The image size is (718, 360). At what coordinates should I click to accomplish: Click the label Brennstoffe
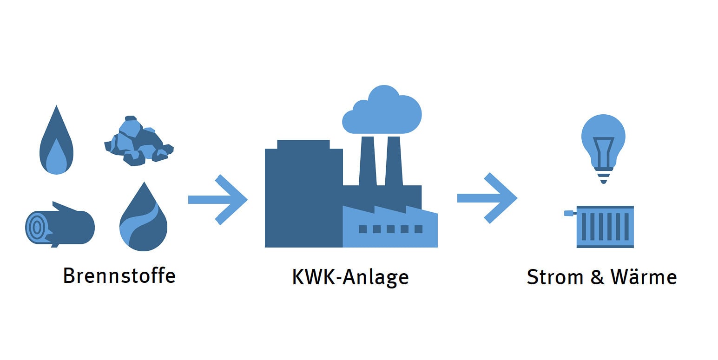[119, 275]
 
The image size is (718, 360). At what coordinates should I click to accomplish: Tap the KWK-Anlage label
[350, 277]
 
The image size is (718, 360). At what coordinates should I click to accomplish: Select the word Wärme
[644, 277]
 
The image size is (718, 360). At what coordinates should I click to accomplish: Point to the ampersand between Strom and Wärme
[597, 277]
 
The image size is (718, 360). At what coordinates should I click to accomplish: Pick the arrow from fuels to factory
[217, 200]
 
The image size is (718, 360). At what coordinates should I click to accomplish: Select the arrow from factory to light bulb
[487, 198]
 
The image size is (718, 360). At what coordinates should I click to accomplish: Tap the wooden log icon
[59, 227]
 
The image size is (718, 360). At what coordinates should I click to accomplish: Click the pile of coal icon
[138, 143]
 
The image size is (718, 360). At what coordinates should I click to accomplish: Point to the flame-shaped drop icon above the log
[56, 144]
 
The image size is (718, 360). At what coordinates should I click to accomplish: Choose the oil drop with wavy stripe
[143, 221]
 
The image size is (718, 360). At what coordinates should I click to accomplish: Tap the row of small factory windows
[391, 229]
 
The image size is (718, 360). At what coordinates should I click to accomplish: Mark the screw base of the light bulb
[603, 176]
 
